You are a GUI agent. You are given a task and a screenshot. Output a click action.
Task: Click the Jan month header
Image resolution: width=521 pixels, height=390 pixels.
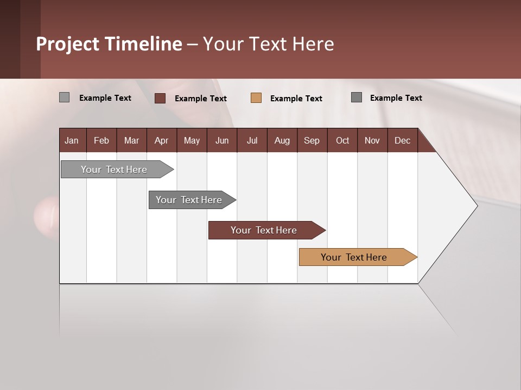click(x=72, y=140)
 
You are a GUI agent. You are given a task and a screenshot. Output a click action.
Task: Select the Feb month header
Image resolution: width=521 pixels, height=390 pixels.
click(x=101, y=140)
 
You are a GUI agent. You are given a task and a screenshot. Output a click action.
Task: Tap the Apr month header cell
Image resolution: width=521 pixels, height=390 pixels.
click(x=161, y=140)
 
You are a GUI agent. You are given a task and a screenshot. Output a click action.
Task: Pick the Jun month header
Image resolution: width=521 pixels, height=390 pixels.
click(x=222, y=140)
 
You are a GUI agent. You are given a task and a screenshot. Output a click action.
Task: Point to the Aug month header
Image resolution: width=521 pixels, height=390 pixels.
click(x=282, y=140)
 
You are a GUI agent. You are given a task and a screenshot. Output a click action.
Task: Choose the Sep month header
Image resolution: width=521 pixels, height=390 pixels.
click(x=312, y=140)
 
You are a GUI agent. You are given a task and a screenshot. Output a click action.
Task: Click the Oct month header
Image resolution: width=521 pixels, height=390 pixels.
click(x=342, y=140)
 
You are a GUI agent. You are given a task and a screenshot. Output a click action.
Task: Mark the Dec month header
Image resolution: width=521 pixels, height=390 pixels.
click(x=402, y=140)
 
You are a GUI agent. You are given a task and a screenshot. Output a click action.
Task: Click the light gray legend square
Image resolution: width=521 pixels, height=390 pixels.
click(x=64, y=97)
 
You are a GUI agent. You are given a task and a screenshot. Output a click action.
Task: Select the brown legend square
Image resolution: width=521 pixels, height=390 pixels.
click(x=160, y=98)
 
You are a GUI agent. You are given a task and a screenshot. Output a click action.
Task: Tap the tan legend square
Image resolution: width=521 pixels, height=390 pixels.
click(x=256, y=98)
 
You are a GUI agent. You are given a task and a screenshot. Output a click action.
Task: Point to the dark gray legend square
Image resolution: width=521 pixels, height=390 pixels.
click(x=357, y=97)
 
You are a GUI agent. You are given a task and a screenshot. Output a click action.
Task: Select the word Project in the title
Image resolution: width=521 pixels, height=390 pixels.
click(x=68, y=44)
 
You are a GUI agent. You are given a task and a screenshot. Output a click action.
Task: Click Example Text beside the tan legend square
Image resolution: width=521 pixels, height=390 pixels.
click(x=296, y=99)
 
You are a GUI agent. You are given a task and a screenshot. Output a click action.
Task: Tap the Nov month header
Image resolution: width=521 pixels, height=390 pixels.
click(x=372, y=140)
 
